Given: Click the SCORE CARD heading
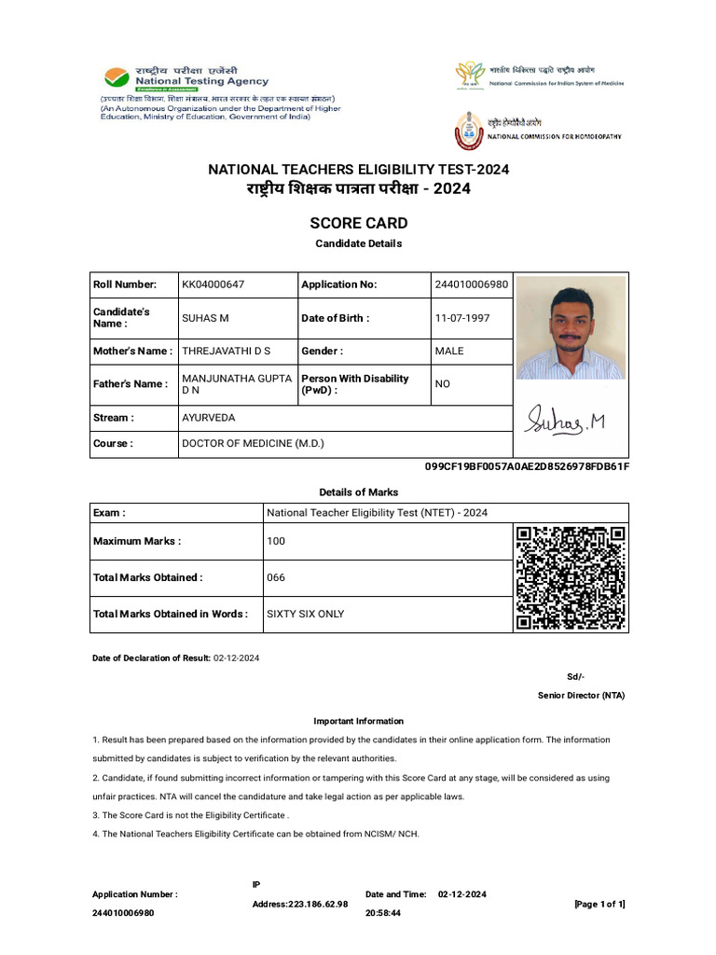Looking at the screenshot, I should click(358, 224).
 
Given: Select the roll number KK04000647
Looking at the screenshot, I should click(213, 284).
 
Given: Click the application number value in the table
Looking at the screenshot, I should click(472, 284).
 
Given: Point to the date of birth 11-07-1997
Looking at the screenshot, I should click(461, 318).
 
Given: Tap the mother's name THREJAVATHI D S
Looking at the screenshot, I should click(227, 351).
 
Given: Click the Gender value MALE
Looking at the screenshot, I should click(449, 351).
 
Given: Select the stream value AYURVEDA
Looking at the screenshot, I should click(209, 418).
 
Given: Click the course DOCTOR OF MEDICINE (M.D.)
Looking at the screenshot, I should click(253, 444).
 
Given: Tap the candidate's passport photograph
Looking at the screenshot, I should click(571, 327).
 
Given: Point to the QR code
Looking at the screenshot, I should click(571, 577).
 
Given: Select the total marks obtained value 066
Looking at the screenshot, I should click(276, 577).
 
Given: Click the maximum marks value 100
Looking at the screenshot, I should click(276, 541).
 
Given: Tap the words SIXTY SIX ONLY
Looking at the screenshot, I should click(306, 614).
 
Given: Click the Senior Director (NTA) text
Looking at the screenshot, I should click(581, 696).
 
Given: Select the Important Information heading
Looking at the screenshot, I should click(358, 721).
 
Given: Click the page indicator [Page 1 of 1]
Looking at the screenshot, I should click(599, 904).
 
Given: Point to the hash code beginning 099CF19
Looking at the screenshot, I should click(527, 466).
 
